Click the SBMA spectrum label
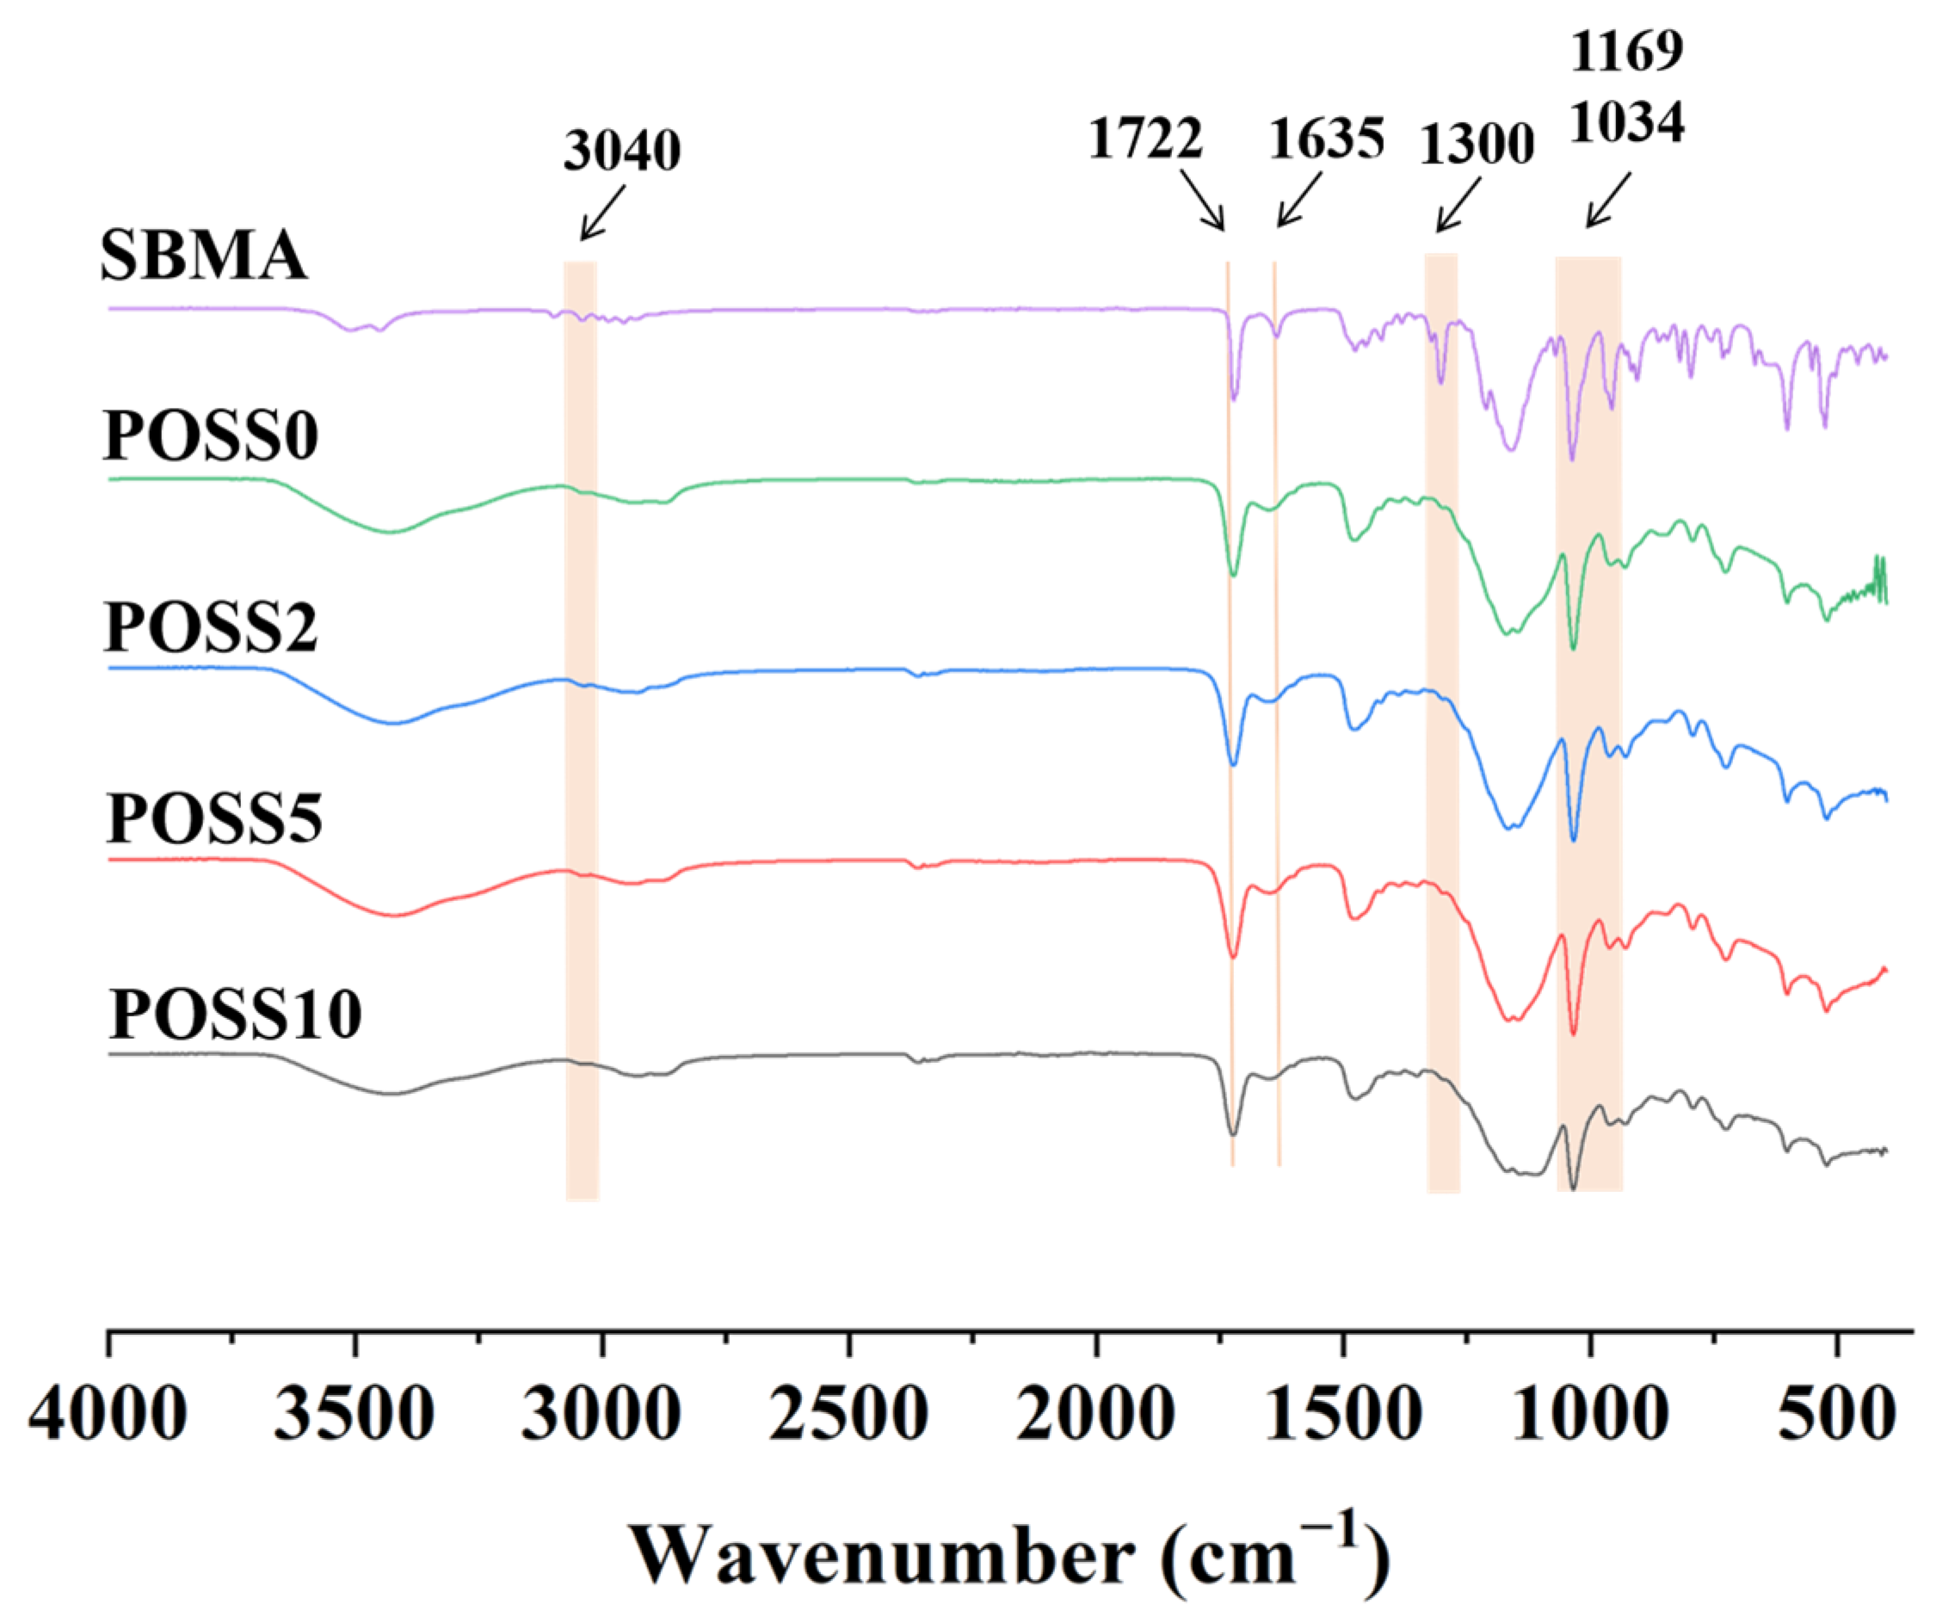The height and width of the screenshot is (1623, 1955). (203, 256)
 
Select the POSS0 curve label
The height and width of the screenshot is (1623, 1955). (212, 435)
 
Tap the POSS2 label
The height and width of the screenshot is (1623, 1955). (212, 626)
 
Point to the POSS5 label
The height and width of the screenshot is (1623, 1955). (214, 818)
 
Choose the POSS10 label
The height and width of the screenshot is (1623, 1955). (235, 1014)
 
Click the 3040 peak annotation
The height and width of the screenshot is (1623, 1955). (622, 150)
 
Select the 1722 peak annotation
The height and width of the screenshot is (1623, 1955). (1145, 139)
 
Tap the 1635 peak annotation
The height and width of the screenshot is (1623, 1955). (1327, 139)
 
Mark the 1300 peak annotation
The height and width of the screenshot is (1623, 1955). (1477, 145)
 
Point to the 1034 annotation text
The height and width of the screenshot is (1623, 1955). (1627, 121)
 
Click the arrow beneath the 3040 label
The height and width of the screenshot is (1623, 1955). (602, 213)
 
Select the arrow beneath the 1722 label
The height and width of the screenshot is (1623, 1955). (1202, 200)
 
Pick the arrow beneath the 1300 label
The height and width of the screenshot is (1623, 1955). (1459, 204)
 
